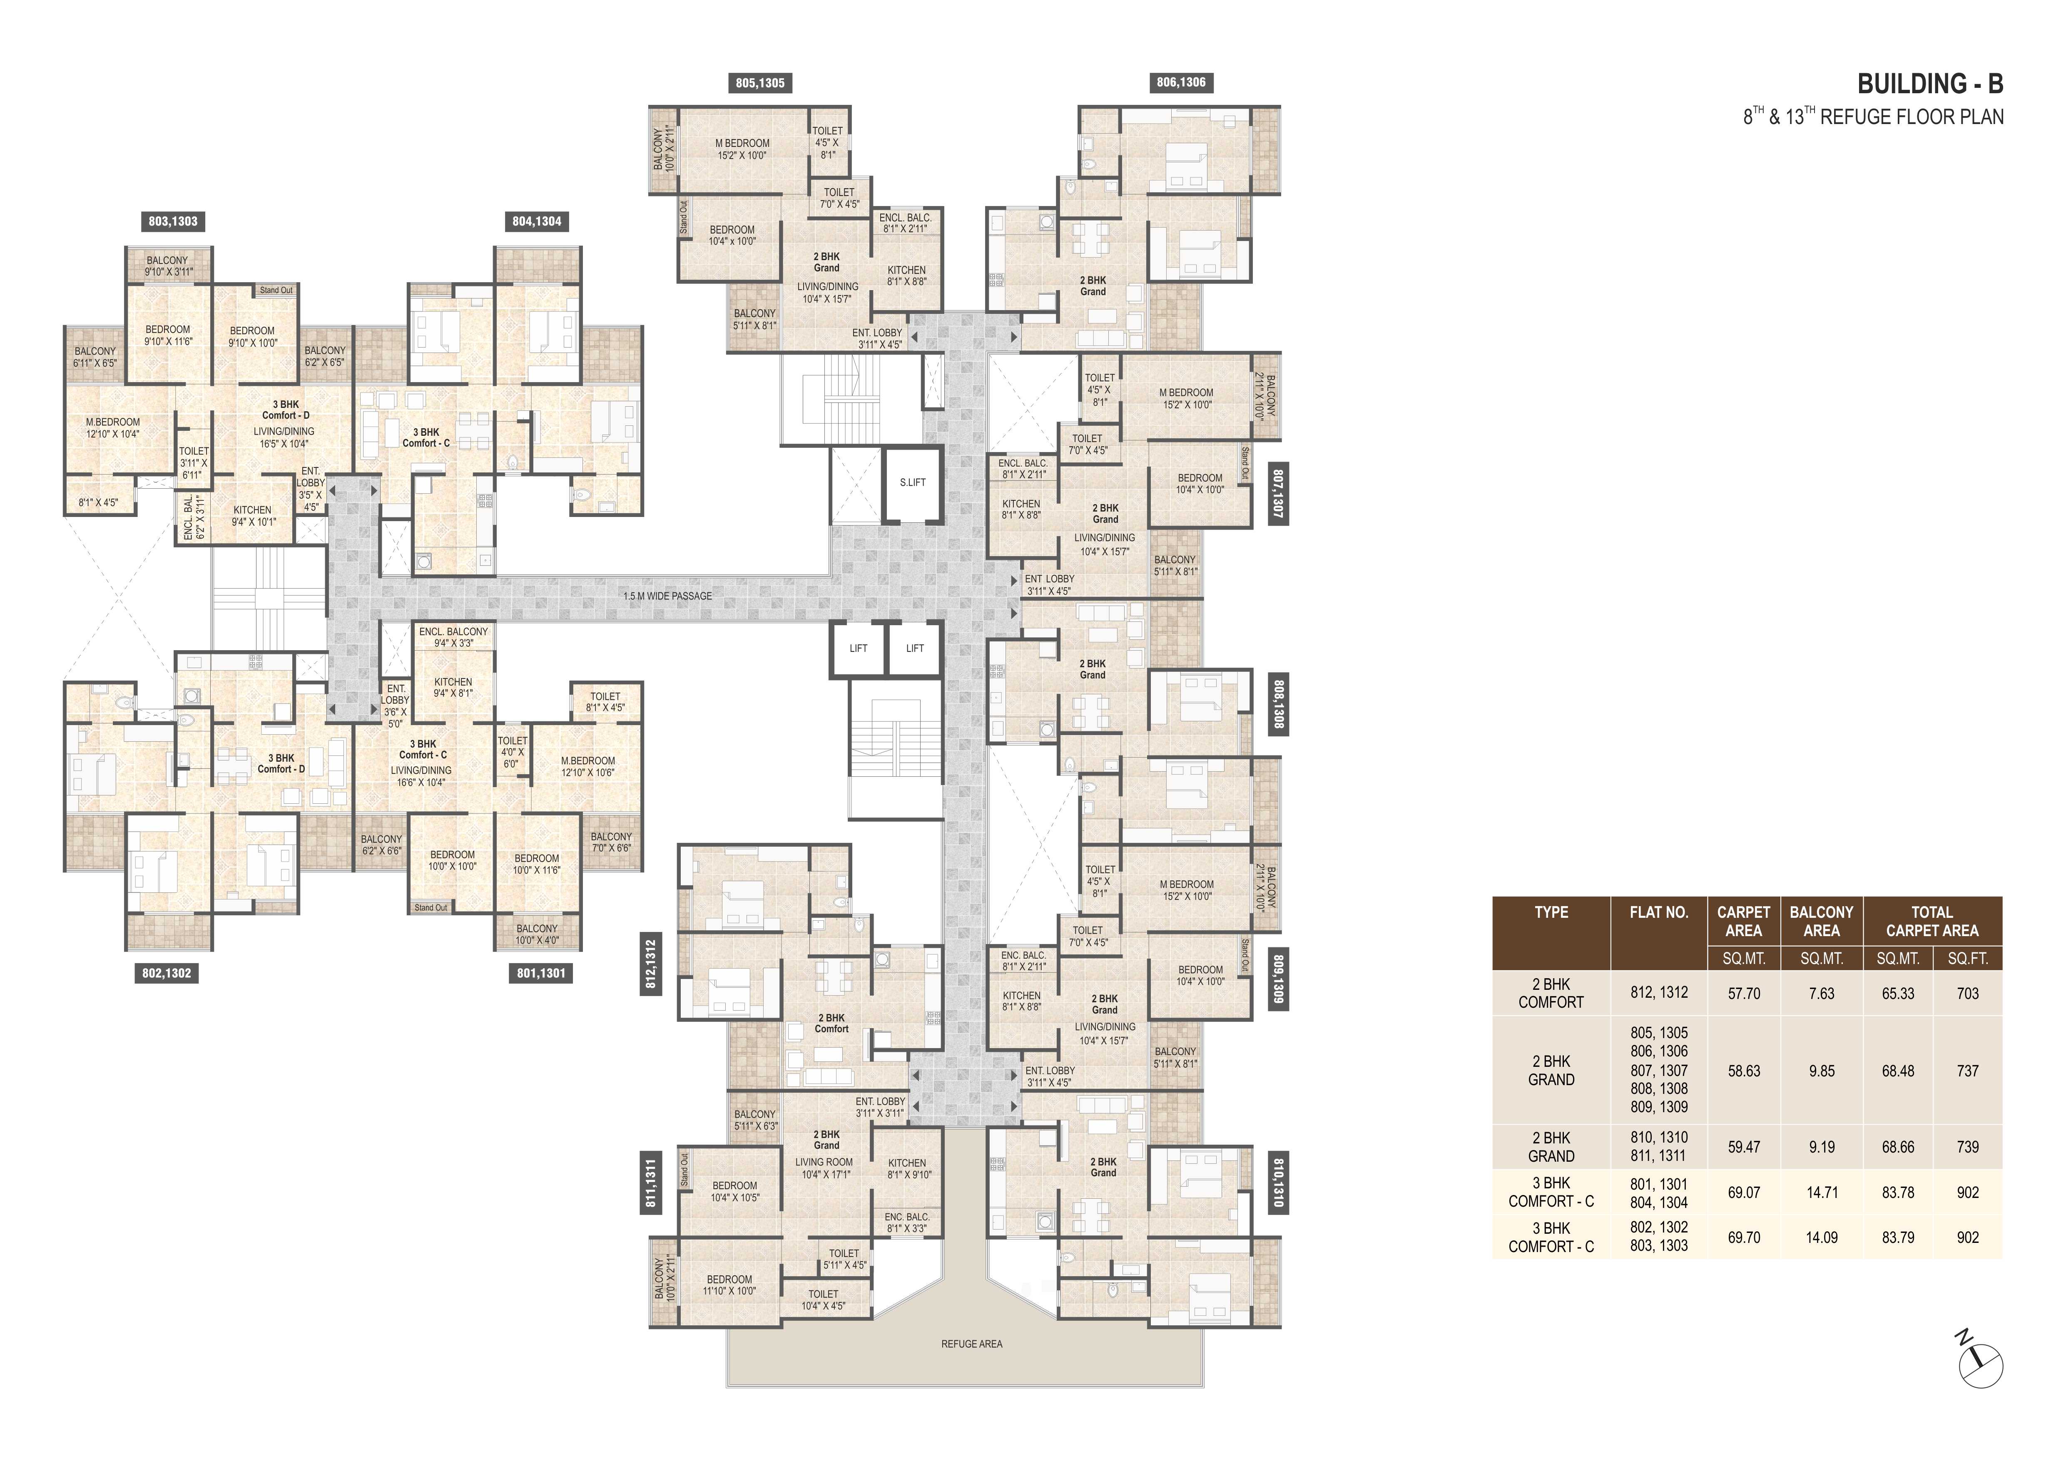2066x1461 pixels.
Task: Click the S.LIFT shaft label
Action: click(912, 482)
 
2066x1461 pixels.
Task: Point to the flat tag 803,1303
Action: click(173, 221)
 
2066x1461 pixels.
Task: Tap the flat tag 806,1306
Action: click(1182, 83)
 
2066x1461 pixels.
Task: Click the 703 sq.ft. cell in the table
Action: click(1968, 993)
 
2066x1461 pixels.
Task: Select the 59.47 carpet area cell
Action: click(1744, 1147)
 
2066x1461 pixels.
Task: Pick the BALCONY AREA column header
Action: click(1822, 921)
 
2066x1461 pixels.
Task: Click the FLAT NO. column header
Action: click(1658, 912)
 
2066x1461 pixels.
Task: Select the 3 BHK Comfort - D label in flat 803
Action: click(286, 410)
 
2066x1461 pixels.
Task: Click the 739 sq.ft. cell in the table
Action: click(1968, 1147)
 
